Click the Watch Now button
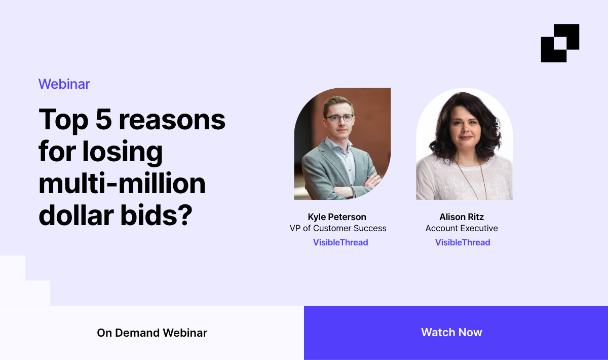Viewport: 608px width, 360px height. [451, 333]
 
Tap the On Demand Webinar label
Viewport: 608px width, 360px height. [152, 333]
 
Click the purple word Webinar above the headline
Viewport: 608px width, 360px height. [64, 84]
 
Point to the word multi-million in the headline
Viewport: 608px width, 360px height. [122, 184]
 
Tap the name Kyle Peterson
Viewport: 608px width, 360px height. [337, 217]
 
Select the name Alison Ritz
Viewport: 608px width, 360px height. [462, 217]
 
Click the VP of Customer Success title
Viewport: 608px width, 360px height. [338, 228]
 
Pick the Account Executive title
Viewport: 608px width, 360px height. [462, 228]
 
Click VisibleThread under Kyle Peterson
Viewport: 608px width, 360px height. [340, 242]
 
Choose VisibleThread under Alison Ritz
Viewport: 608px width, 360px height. [463, 242]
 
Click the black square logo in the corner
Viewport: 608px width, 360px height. [560, 43]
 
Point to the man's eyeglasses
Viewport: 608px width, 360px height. [339, 118]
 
